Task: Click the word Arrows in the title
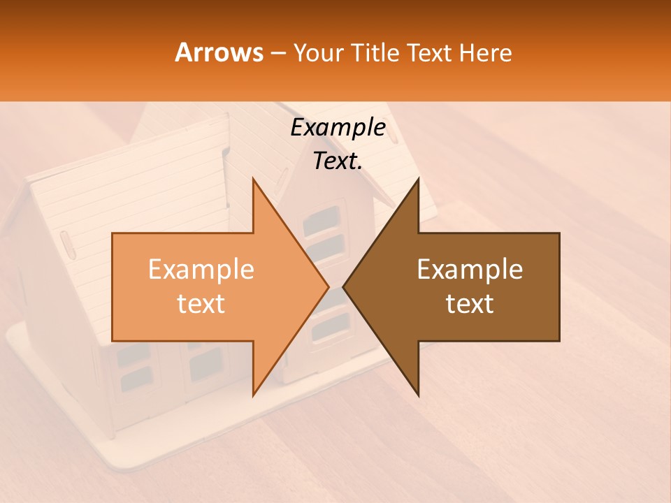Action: [x=219, y=52]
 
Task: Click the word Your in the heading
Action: [x=317, y=53]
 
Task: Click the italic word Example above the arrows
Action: [x=338, y=128]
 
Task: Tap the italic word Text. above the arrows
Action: [x=338, y=161]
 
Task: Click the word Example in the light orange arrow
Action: [x=201, y=270]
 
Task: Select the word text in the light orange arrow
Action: [x=201, y=304]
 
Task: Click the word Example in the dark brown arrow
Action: [x=470, y=270]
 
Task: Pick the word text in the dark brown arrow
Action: [x=470, y=304]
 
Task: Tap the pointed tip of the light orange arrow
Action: [x=328, y=286]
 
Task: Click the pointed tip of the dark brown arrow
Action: [x=343, y=286]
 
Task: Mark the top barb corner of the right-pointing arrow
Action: [x=253, y=179]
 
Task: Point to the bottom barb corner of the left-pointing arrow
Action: [x=418, y=395]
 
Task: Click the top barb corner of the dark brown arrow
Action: [x=418, y=179]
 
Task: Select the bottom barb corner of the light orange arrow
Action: [x=253, y=395]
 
